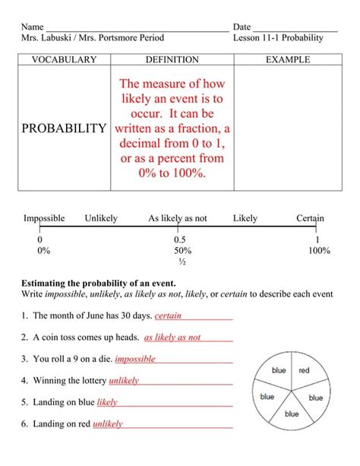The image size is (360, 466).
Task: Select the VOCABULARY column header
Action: tap(64, 59)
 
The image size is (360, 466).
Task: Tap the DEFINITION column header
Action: tap(172, 59)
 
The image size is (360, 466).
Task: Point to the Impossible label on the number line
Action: tap(44, 218)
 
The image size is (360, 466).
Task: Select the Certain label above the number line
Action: tap(310, 218)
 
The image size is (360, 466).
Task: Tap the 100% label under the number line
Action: tap(319, 250)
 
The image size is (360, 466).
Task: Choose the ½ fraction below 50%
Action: tap(182, 262)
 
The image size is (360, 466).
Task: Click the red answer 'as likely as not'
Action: tap(172, 337)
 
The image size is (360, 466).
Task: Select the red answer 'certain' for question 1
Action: tap(168, 315)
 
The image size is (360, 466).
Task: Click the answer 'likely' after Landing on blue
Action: tap(107, 401)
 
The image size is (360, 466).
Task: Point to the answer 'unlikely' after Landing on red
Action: tap(108, 424)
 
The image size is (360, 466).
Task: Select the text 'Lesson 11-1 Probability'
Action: tap(278, 37)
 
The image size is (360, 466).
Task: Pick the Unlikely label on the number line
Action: tap(101, 218)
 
